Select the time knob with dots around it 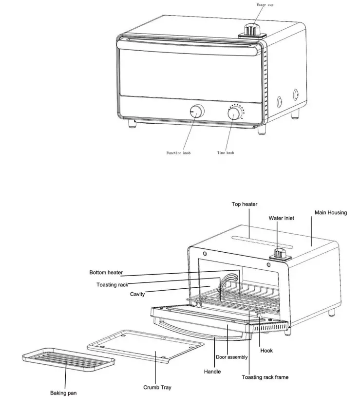pos(234,113)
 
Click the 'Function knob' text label pos(179,153)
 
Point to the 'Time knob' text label pos(226,153)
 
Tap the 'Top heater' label pos(244,204)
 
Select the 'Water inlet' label pos(282,218)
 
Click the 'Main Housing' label pos(331,212)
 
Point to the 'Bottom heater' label pos(106,272)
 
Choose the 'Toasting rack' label pos(112,284)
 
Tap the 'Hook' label pos(266,350)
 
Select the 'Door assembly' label pos(231,357)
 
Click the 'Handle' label pos(212,372)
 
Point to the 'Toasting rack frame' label pos(265,377)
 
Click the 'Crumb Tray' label pos(157,388)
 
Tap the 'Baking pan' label pos(63,392)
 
